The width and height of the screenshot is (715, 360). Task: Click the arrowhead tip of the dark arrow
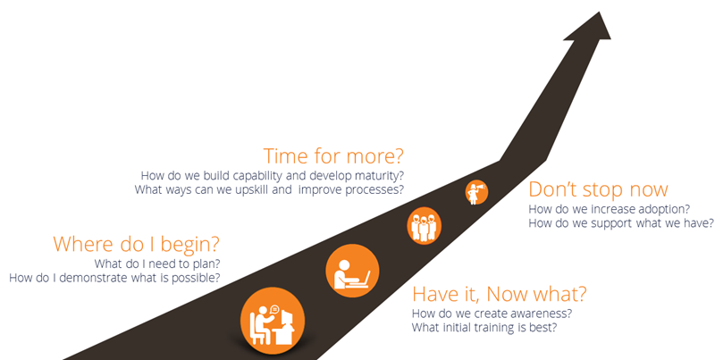tap(599, 12)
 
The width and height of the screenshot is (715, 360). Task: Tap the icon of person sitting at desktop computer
tap(273, 321)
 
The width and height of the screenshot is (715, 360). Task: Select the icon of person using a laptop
tap(352, 271)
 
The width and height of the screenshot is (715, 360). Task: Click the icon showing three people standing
tap(424, 225)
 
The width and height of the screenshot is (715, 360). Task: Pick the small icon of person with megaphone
tap(476, 192)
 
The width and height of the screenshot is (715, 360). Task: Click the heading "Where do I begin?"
tap(137, 244)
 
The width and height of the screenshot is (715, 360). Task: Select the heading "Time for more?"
tap(333, 155)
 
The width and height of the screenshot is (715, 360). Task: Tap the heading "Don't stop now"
tap(598, 189)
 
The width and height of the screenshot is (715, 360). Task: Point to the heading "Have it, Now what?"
tap(499, 294)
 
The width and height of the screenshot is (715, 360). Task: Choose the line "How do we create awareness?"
tap(492, 314)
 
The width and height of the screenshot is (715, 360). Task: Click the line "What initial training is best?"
tap(484, 327)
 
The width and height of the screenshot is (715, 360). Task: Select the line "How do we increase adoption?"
tap(610, 209)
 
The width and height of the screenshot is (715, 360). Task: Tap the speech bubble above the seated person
tap(274, 310)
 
